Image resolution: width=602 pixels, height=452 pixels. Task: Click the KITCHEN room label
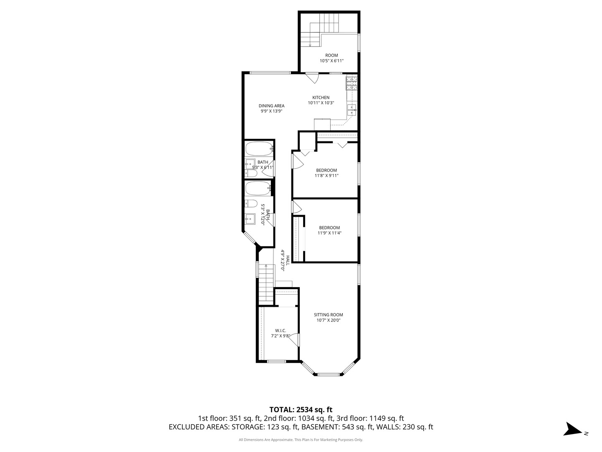tap(321, 98)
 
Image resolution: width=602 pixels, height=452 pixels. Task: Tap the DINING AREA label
tap(271, 105)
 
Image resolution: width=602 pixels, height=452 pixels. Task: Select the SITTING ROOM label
tap(328, 315)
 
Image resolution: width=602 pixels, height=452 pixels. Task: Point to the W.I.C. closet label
tap(280, 331)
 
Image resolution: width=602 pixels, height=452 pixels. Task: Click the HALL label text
tap(288, 260)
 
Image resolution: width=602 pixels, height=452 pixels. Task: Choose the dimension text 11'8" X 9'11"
tap(327, 176)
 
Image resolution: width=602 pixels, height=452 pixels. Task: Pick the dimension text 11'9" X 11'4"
tap(329, 233)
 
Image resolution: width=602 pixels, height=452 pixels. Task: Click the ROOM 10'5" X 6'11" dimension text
tap(332, 61)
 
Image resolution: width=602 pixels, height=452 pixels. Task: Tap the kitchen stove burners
tap(352, 83)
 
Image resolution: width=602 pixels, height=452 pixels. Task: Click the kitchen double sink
tap(352, 110)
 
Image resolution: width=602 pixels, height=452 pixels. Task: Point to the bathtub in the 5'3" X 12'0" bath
tap(258, 188)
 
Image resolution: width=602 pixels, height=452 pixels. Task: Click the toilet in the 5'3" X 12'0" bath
tap(251, 203)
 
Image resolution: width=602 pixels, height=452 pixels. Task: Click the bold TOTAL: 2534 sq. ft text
tap(301, 410)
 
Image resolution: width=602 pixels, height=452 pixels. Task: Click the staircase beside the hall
tap(266, 285)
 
